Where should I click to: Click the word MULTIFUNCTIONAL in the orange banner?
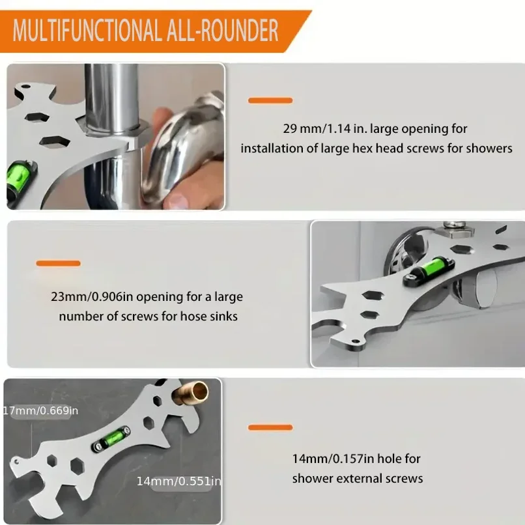tap(87, 31)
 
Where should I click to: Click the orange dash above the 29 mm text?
tap(270, 100)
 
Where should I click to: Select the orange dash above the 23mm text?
tap(58, 263)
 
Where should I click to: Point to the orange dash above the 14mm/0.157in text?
tap(270, 427)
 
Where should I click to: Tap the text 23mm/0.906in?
tap(92, 296)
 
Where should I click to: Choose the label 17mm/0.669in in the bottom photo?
tap(41, 410)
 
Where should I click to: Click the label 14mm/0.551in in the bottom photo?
tap(178, 481)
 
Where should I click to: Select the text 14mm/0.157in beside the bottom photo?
tap(333, 459)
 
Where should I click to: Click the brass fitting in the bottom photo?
tap(190, 392)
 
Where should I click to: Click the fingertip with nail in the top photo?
tap(177, 201)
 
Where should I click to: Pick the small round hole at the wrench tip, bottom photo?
tap(16, 462)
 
